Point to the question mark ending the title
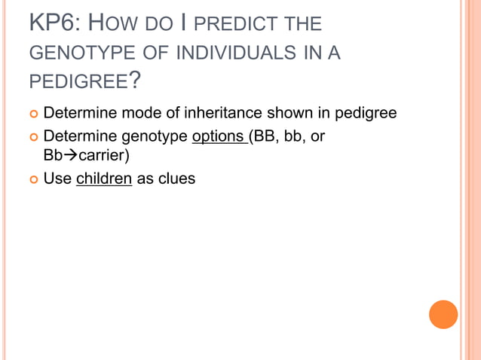click(135, 78)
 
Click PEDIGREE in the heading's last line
click(78, 80)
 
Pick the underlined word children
click(104, 180)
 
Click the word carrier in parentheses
click(103, 156)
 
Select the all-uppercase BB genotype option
click(265, 138)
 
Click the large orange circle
click(443, 314)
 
